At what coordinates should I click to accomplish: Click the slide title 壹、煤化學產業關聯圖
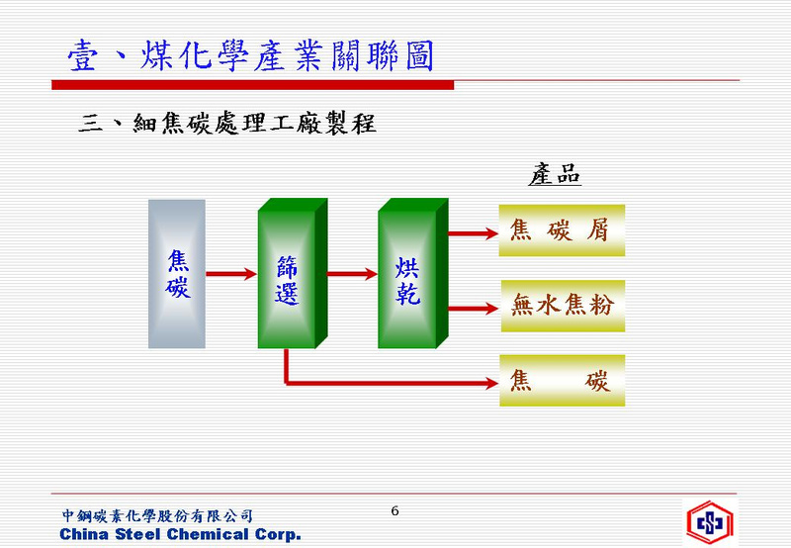coord(251,55)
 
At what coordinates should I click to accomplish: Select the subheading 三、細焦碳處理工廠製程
coord(227,123)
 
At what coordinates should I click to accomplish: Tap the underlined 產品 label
coord(555,175)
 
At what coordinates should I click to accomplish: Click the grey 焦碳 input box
coord(177,274)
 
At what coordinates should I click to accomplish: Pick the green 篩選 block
coord(292,273)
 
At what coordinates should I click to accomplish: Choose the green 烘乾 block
coord(412,273)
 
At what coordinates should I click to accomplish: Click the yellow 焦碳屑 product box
coord(562,230)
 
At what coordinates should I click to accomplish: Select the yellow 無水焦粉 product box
coord(563,306)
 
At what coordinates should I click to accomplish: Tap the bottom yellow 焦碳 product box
coord(562,381)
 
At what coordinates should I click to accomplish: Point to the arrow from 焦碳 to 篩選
coord(231,274)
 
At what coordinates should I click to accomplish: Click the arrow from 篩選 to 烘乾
coord(352,274)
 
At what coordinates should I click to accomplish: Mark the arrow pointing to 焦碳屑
coord(474,233)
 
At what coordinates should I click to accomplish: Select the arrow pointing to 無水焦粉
coord(474,309)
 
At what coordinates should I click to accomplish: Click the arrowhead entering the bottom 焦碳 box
coord(491,383)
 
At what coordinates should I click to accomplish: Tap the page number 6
coord(395,510)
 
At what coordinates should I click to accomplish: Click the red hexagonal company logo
coord(710,522)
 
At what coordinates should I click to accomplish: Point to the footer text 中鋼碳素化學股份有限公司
coord(157,515)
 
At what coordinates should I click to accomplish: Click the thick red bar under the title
coord(253,85)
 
